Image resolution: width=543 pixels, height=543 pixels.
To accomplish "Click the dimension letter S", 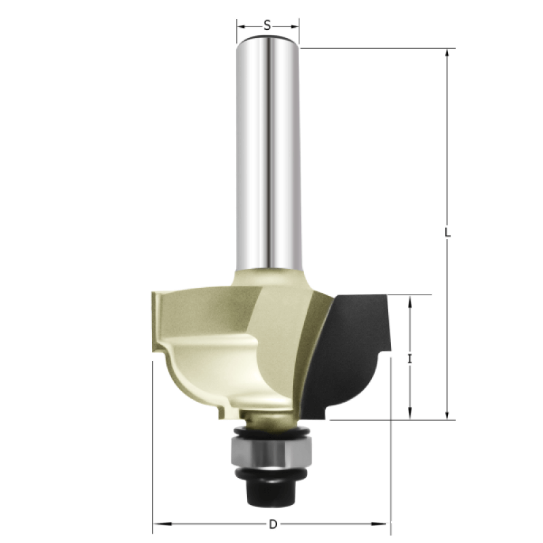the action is (267, 25).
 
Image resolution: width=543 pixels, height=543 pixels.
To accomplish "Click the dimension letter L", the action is (447, 232).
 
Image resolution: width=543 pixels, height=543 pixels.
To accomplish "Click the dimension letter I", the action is (410, 359).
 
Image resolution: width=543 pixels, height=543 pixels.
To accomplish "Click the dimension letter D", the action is (274, 524).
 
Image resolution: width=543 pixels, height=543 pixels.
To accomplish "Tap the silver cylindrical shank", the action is (267, 152).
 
